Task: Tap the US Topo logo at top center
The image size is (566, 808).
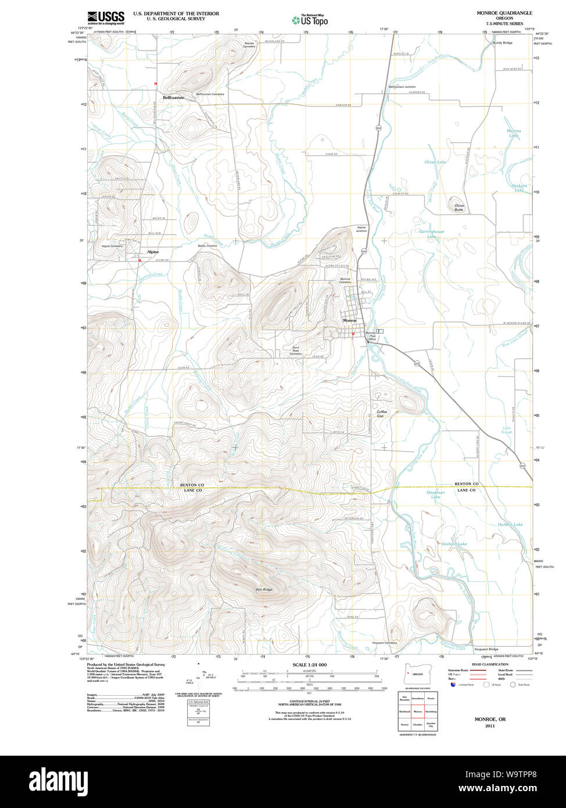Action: (x=310, y=20)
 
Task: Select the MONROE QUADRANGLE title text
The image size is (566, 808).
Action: (x=497, y=13)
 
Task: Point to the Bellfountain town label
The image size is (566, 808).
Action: (x=173, y=98)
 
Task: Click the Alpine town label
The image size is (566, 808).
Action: (x=153, y=252)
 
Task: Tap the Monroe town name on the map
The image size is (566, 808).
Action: (x=350, y=320)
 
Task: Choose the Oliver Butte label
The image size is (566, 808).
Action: (x=459, y=207)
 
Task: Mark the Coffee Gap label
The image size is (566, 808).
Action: (x=381, y=414)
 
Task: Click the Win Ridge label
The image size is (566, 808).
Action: (x=264, y=589)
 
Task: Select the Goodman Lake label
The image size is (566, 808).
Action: (x=435, y=495)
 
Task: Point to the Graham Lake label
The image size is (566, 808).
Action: (x=454, y=544)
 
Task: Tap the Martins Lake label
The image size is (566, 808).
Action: (x=514, y=133)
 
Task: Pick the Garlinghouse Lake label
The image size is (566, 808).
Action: (x=432, y=234)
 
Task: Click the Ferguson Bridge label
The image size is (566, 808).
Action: (x=486, y=649)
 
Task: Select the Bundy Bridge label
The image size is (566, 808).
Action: (x=503, y=43)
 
